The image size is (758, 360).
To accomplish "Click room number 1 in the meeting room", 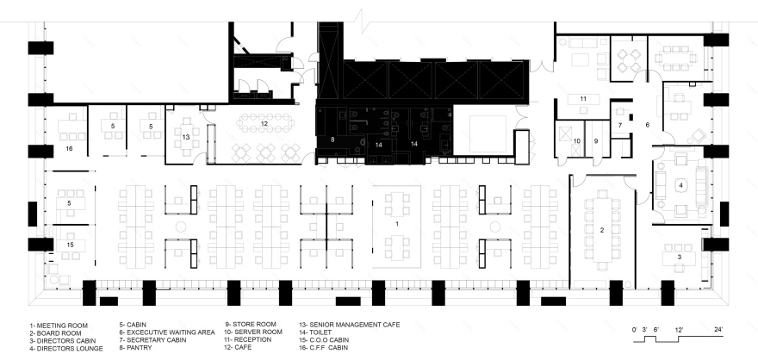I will [397, 223].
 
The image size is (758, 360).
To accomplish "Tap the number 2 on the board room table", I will [602, 229].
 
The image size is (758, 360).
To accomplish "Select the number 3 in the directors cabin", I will [679, 257].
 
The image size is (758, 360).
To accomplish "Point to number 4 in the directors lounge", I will [680, 184].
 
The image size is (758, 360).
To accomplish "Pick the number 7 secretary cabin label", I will [620, 125].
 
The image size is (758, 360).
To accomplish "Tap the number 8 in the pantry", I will [332, 139].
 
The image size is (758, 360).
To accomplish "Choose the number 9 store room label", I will [594, 140].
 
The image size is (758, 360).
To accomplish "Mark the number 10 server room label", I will [577, 140].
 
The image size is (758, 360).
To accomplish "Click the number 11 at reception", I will [583, 99].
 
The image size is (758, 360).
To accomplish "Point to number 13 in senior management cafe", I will [185, 137].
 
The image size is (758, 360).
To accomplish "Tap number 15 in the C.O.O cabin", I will [71, 245].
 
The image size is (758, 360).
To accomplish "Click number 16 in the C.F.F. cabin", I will [69, 149].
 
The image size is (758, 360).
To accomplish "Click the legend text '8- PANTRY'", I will [138, 348].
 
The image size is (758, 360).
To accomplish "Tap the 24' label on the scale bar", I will [718, 329].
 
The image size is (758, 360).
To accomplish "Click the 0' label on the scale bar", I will [635, 329].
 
